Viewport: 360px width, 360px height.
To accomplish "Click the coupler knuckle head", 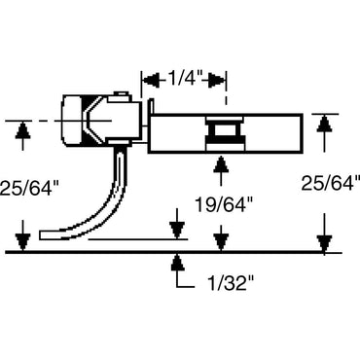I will tap(78, 121).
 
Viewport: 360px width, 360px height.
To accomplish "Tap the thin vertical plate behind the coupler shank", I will tap(149, 122).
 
